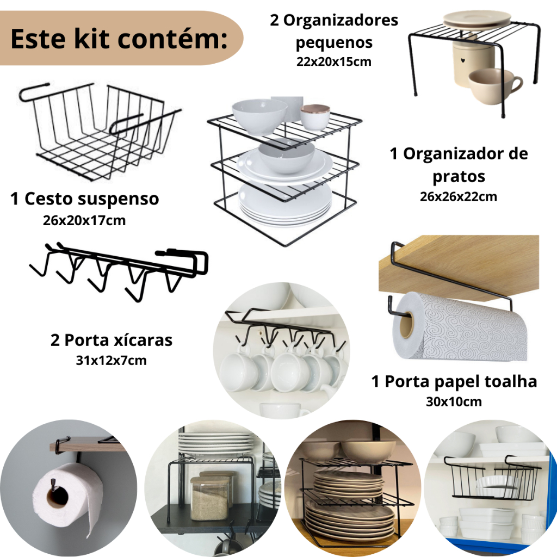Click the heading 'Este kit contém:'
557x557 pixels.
119,39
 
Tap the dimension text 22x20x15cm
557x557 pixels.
334,61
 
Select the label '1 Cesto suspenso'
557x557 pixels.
84,199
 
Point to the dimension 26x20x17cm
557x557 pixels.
84,221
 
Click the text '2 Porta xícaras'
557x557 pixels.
111,340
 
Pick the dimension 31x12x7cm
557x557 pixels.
111,361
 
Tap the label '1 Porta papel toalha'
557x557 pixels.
454,381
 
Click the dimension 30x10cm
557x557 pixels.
454,402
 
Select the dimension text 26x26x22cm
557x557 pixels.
458,196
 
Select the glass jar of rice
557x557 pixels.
209,497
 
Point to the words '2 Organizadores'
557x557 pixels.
334,20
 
